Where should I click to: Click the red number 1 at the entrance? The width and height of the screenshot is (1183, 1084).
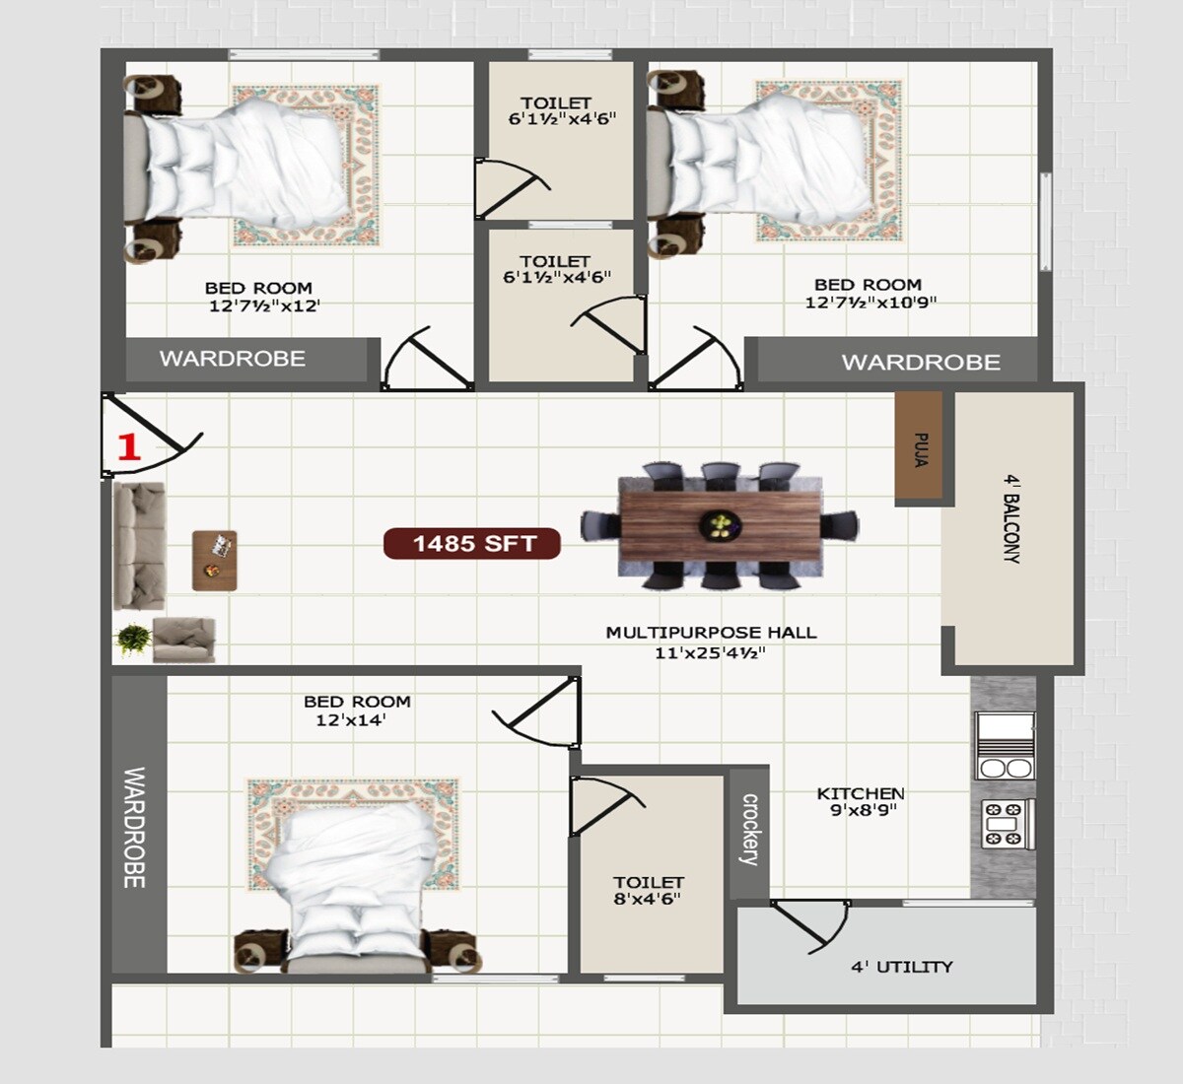(129, 447)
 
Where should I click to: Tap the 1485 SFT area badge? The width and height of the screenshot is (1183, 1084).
(473, 543)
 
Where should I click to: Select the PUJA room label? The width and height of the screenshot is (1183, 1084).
(920, 449)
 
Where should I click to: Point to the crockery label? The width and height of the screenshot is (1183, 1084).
(750, 830)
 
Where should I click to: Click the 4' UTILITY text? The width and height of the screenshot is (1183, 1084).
(902, 967)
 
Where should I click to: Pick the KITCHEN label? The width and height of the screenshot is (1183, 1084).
(861, 793)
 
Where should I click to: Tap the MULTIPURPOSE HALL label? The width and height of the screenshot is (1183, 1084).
(711, 633)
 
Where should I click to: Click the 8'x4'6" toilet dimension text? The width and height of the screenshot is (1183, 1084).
(647, 899)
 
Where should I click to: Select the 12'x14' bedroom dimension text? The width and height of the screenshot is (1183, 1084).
(350, 720)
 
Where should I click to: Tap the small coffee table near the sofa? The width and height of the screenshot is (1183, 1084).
(215, 560)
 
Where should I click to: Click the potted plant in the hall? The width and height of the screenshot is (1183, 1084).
(134, 640)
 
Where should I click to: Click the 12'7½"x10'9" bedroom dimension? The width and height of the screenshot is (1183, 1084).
(870, 303)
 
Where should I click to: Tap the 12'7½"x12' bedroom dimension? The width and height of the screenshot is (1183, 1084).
(264, 306)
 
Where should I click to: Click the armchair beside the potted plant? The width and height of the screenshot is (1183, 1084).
(184, 640)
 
